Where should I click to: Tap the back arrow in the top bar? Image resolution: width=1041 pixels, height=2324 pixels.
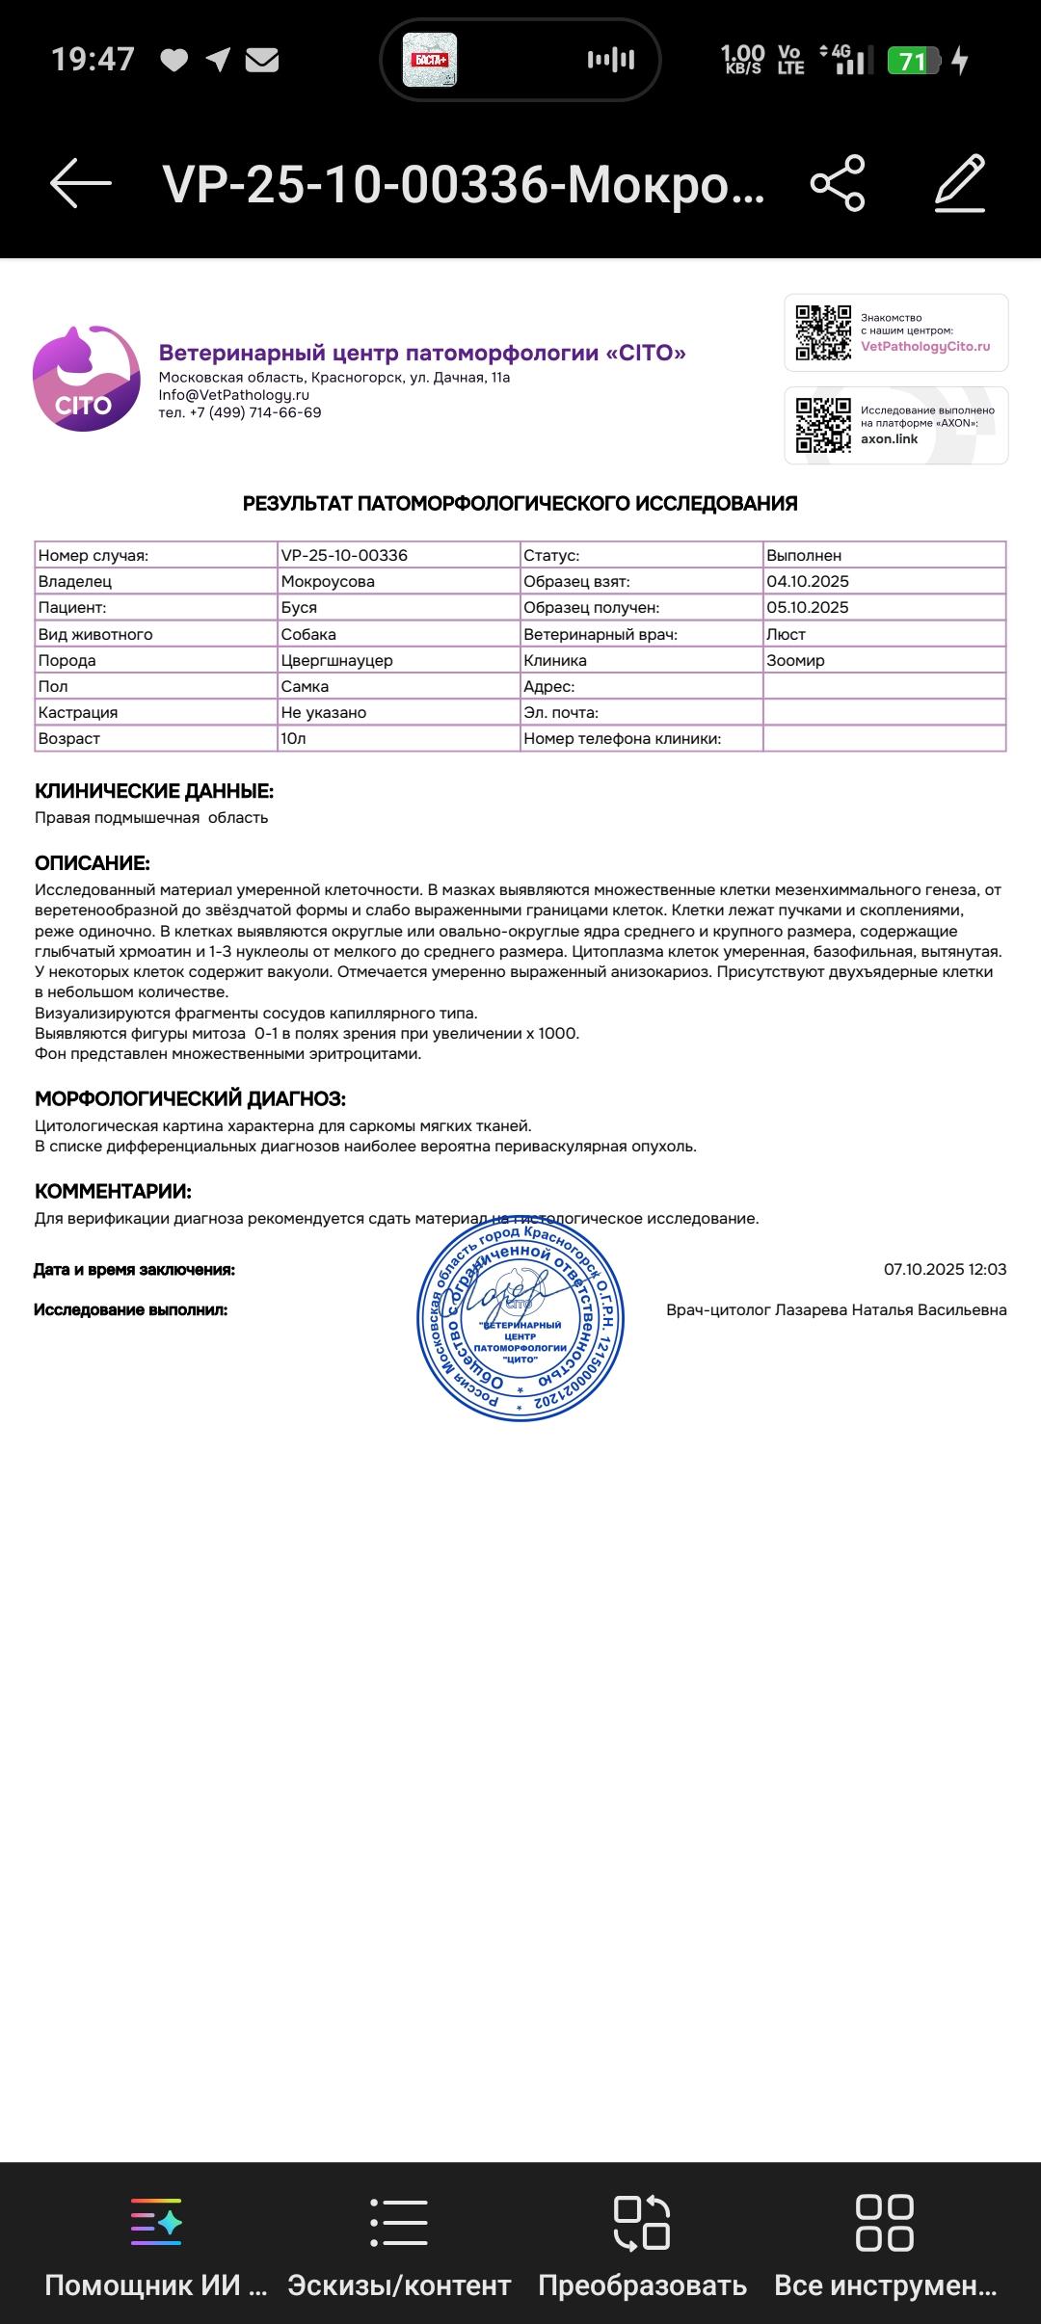(81, 182)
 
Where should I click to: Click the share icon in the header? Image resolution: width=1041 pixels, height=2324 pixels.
(838, 182)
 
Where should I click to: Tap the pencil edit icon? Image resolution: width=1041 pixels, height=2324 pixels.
(960, 182)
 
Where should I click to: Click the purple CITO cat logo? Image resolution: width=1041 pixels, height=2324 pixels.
(86, 379)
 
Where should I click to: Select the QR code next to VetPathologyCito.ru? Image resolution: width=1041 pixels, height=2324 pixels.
(823, 332)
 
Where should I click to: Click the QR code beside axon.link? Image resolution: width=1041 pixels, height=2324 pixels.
(823, 425)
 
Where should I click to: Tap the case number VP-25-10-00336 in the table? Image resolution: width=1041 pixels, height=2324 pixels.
(344, 556)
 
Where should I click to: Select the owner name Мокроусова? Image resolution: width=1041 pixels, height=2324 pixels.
(328, 582)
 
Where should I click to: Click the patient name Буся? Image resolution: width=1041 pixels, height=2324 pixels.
(299, 608)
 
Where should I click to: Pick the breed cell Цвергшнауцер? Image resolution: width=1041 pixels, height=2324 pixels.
(336, 661)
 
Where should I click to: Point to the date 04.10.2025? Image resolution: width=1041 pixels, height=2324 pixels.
(808, 582)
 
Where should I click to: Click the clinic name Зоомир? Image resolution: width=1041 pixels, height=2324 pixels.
(795, 661)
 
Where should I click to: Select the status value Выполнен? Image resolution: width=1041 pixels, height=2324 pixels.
(804, 556)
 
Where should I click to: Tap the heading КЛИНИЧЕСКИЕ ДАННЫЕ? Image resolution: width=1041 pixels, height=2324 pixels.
(154, 791)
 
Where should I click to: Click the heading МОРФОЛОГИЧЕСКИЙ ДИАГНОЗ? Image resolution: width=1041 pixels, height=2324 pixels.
(190, 1098)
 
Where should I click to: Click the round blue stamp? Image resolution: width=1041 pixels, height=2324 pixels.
(520, 1317)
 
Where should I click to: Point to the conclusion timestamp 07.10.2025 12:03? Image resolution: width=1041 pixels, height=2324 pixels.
(945, 1269)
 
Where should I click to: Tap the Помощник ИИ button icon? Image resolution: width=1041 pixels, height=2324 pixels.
(156, 2222)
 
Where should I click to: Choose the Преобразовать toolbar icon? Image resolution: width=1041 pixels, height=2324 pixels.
(642, 2222)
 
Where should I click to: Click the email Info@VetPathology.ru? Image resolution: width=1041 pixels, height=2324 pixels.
(233, 395)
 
